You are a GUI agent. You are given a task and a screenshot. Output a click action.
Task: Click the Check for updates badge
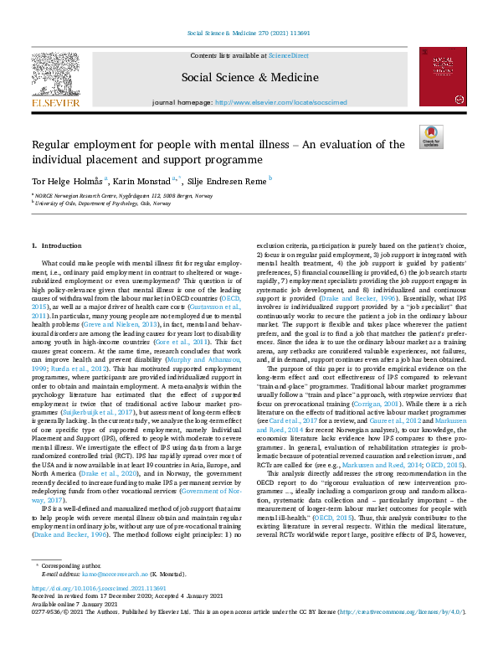(430, 137)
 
